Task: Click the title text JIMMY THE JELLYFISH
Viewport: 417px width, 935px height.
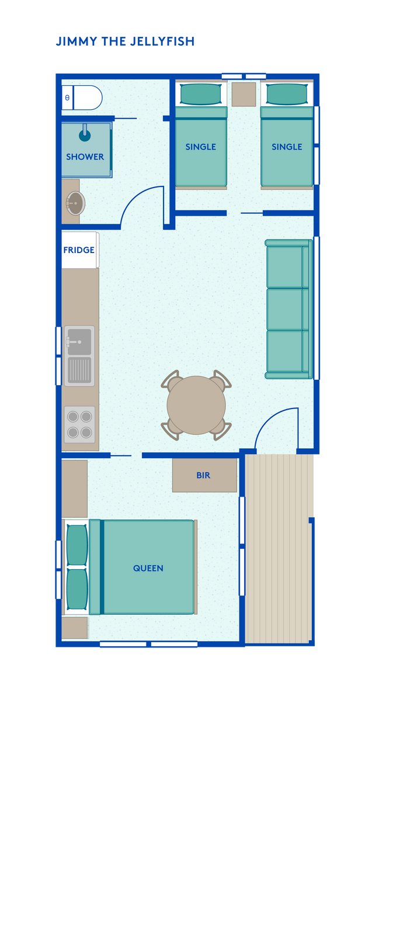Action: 125,41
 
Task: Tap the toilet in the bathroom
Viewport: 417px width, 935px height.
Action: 82,98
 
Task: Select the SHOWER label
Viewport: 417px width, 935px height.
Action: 85,157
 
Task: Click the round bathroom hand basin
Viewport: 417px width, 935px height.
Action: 75,203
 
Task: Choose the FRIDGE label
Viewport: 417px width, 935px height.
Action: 79,250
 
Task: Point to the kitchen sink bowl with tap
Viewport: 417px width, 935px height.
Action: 79,342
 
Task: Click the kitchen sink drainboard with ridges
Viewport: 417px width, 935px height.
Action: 79,370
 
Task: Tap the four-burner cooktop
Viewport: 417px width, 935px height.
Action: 79,424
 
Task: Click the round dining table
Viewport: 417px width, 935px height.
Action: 196,405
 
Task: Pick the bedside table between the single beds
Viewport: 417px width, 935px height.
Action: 244,94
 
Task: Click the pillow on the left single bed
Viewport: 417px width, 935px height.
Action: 200,94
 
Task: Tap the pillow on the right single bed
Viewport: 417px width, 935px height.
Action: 287,94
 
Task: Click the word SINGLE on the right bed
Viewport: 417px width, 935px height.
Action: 287,147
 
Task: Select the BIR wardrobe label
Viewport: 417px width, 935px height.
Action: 203,476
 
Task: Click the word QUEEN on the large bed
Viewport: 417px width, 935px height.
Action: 148,568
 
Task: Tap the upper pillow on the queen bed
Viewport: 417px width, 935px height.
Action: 77,545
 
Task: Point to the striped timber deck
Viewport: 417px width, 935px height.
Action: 279,549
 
